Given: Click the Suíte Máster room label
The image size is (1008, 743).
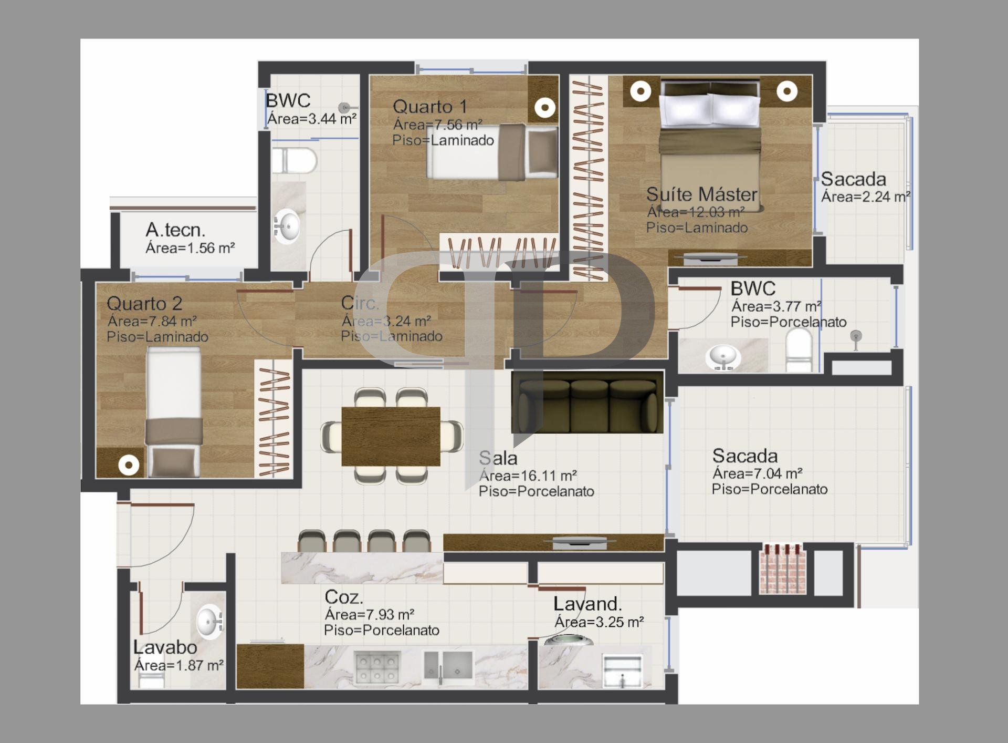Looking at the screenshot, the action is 701,194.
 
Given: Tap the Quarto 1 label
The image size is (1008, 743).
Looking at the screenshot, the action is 429,107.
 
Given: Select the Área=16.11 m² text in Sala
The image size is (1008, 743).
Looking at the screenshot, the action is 528,476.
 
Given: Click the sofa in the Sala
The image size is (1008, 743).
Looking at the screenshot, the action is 587,403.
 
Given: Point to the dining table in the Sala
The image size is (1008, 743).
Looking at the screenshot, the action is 391,436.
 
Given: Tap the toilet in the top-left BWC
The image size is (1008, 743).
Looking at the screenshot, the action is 294,160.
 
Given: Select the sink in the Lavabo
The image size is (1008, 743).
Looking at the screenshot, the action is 210,622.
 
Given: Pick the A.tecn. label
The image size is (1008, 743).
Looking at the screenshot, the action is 175,230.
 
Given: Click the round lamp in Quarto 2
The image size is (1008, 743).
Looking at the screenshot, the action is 129,466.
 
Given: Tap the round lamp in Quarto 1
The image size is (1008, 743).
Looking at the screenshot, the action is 545,108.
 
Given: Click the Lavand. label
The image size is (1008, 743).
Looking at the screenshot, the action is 587,604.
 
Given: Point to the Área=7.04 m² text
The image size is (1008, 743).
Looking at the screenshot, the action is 757,474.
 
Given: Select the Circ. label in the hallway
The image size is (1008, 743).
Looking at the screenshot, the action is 360,303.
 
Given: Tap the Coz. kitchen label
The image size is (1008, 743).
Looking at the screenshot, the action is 343,597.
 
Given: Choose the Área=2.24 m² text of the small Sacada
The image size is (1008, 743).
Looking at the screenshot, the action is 866,197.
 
